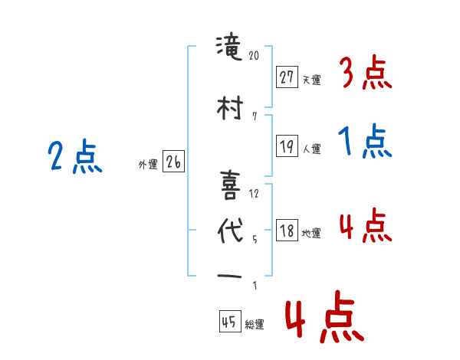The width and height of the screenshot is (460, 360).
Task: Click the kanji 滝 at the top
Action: pos(229,52)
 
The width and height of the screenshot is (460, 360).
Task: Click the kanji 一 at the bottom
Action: pos(229,276)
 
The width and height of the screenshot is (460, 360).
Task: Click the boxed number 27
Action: pos(287,77)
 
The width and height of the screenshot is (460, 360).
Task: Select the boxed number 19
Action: pos(287,147)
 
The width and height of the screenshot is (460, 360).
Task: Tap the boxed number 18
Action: pos(287,231)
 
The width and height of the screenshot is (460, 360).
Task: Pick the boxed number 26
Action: pos(173,162)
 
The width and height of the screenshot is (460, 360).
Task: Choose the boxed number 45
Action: pos(229,322)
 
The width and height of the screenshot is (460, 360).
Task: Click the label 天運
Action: pos(312,79)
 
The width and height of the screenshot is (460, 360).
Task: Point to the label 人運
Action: pos(312,149)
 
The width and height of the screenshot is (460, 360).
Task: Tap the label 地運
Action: pos(312,233)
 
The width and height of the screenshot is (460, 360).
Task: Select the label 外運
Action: pos(148,164)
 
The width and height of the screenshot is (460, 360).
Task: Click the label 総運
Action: pos(255,324)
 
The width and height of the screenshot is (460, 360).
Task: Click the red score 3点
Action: pos(366,74)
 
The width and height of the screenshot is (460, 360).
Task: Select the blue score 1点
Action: pos(366,142)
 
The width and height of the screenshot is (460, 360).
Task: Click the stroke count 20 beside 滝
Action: pos(255,56)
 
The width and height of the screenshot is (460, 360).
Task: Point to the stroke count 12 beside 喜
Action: pos(255,193)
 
